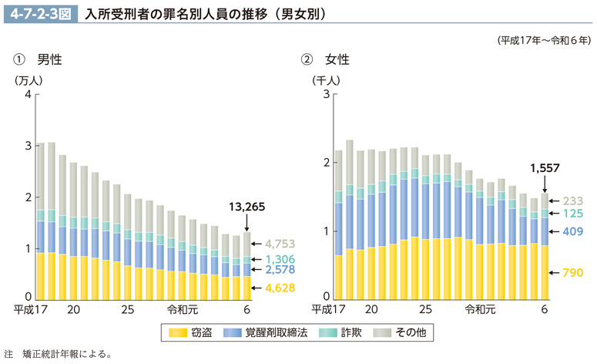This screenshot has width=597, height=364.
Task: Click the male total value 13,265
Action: tap(247, 206)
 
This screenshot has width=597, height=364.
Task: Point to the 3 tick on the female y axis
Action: tap(326, 94)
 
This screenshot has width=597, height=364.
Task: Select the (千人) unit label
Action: tap(324, 79)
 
